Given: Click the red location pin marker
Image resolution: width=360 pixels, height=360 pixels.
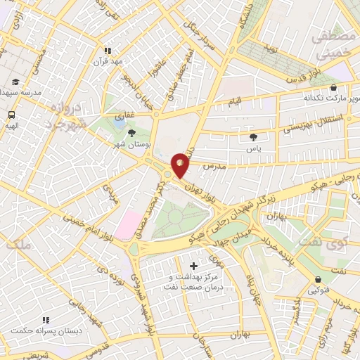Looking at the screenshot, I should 181,165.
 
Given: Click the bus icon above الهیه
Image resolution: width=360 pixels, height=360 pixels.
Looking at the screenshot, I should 12,114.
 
